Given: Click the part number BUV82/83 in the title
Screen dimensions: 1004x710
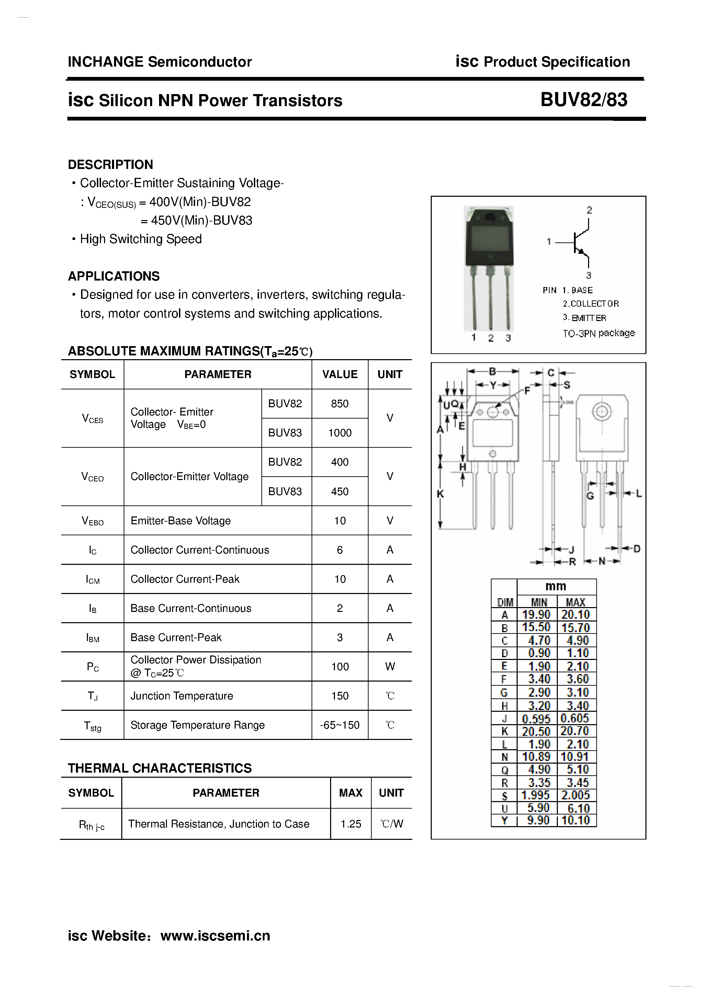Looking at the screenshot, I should coord(584,100).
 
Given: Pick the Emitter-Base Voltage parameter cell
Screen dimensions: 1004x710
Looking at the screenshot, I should coord(180,520).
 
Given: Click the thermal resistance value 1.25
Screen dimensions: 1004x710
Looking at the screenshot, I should coord(350,824).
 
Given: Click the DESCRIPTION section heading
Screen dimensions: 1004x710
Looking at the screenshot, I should coord(110,164).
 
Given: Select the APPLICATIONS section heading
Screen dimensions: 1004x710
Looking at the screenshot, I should coord(114,276).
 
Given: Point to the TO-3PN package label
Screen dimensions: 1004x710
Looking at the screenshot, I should coord(598,333).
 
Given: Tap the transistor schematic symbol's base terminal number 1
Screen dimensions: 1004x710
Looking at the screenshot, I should coord(549,241).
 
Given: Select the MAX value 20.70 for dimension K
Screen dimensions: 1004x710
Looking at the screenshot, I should coord(575,731).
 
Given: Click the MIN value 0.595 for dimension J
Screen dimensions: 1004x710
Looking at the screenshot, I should coord(536,718).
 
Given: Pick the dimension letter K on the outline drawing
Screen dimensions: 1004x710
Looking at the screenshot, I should coord(440,494).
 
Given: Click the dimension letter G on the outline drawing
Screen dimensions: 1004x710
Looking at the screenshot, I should coord(590,496).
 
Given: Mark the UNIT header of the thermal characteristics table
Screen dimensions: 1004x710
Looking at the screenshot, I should coord(391,793).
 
